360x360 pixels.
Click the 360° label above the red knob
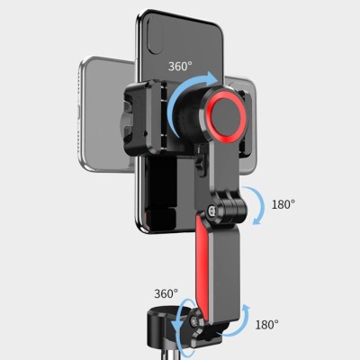(x=180, y=66)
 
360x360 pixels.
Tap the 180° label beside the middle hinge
(x=283, y=204)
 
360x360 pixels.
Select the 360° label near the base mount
(x=166, y=293)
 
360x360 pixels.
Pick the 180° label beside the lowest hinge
(x=266, y=325)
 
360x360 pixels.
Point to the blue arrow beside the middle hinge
(x=260, y=205)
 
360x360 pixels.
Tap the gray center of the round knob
(x=228, y=114)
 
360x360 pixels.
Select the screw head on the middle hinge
(x=212, y=211)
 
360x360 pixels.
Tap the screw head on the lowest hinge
(x=195, y=322)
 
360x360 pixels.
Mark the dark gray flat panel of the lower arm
(x=224, y=267)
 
